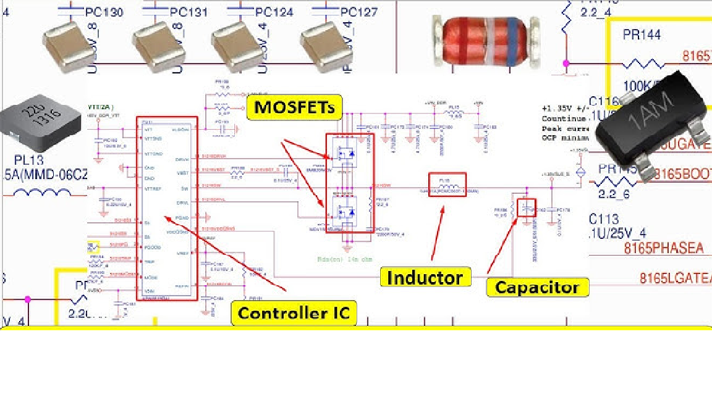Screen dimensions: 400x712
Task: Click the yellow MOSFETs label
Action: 294,107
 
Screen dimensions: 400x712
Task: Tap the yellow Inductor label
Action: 425,278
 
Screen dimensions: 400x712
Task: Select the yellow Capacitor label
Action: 537,287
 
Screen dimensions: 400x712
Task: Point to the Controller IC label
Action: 294,313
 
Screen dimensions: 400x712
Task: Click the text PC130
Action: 102,12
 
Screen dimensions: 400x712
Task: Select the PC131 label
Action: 189,12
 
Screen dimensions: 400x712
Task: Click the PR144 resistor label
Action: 642,35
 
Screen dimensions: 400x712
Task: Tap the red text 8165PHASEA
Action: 663,248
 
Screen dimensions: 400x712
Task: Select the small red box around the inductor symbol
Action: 447,183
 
